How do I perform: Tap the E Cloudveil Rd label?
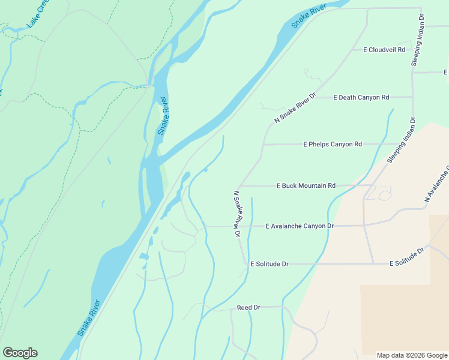[384, 50]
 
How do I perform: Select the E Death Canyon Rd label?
[361, 97]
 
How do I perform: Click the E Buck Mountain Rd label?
[306, 186]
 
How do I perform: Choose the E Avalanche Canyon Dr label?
[299, 226]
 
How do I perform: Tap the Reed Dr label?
[248, 307]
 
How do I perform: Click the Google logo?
[20, 353]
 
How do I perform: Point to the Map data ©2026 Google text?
[411, 355]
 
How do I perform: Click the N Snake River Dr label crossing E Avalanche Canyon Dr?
[237, 214]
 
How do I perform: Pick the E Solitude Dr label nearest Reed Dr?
[270, 263]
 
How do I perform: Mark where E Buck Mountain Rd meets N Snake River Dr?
[239, 186]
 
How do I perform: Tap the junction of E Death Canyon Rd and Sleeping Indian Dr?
[412, 97]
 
